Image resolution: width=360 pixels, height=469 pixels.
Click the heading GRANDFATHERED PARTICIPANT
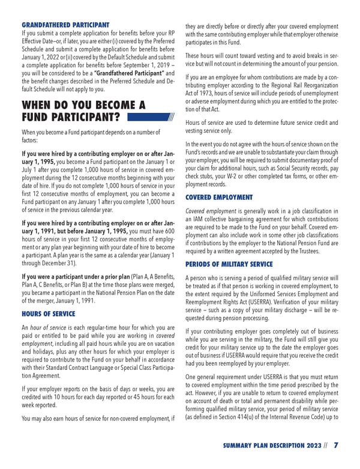[65, 25]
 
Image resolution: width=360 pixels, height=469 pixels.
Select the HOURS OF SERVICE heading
[48, 313]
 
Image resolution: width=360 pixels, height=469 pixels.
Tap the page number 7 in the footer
[335, 446]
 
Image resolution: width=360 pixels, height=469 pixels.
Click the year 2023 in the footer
[308, 446]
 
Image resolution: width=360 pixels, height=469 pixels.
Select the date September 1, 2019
[140, 64]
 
